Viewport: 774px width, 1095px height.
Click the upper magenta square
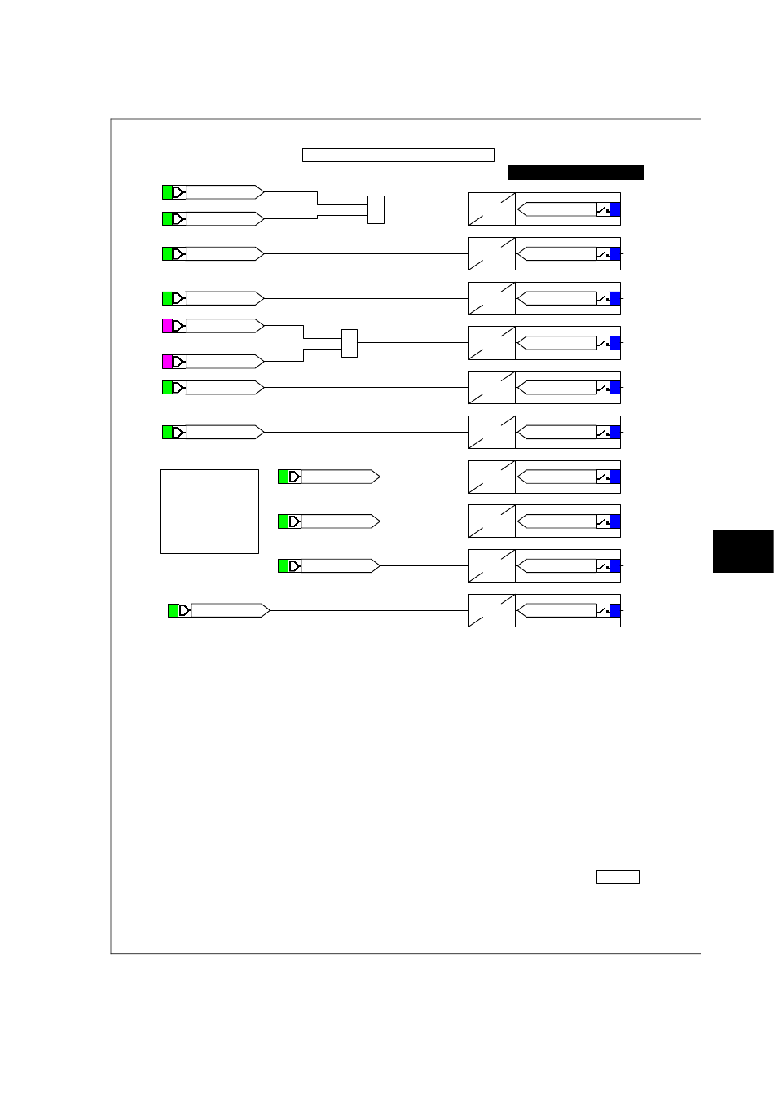168,326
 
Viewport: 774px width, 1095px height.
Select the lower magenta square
168,361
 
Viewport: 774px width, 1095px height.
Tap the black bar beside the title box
575,173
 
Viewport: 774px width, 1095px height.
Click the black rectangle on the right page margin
742,551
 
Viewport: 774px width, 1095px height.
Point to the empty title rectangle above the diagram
398,156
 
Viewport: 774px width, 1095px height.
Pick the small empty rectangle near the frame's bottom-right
618,877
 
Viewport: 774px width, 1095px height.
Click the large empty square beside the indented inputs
209,511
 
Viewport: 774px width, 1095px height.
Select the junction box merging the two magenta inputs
350,343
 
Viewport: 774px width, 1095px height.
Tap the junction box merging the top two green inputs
376,209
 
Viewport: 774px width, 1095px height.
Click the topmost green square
168,192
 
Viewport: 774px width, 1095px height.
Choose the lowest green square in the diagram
173,610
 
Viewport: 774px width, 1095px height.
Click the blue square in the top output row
615,209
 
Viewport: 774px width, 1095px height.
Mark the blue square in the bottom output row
615,610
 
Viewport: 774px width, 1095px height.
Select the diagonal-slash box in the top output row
492,209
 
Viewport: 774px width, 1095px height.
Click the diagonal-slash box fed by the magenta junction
492,343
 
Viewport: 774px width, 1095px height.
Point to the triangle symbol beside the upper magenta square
178,326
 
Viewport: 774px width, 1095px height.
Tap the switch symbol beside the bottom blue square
603,610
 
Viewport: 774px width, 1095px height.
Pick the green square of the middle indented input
284,521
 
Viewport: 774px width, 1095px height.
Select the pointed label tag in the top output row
557,209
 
